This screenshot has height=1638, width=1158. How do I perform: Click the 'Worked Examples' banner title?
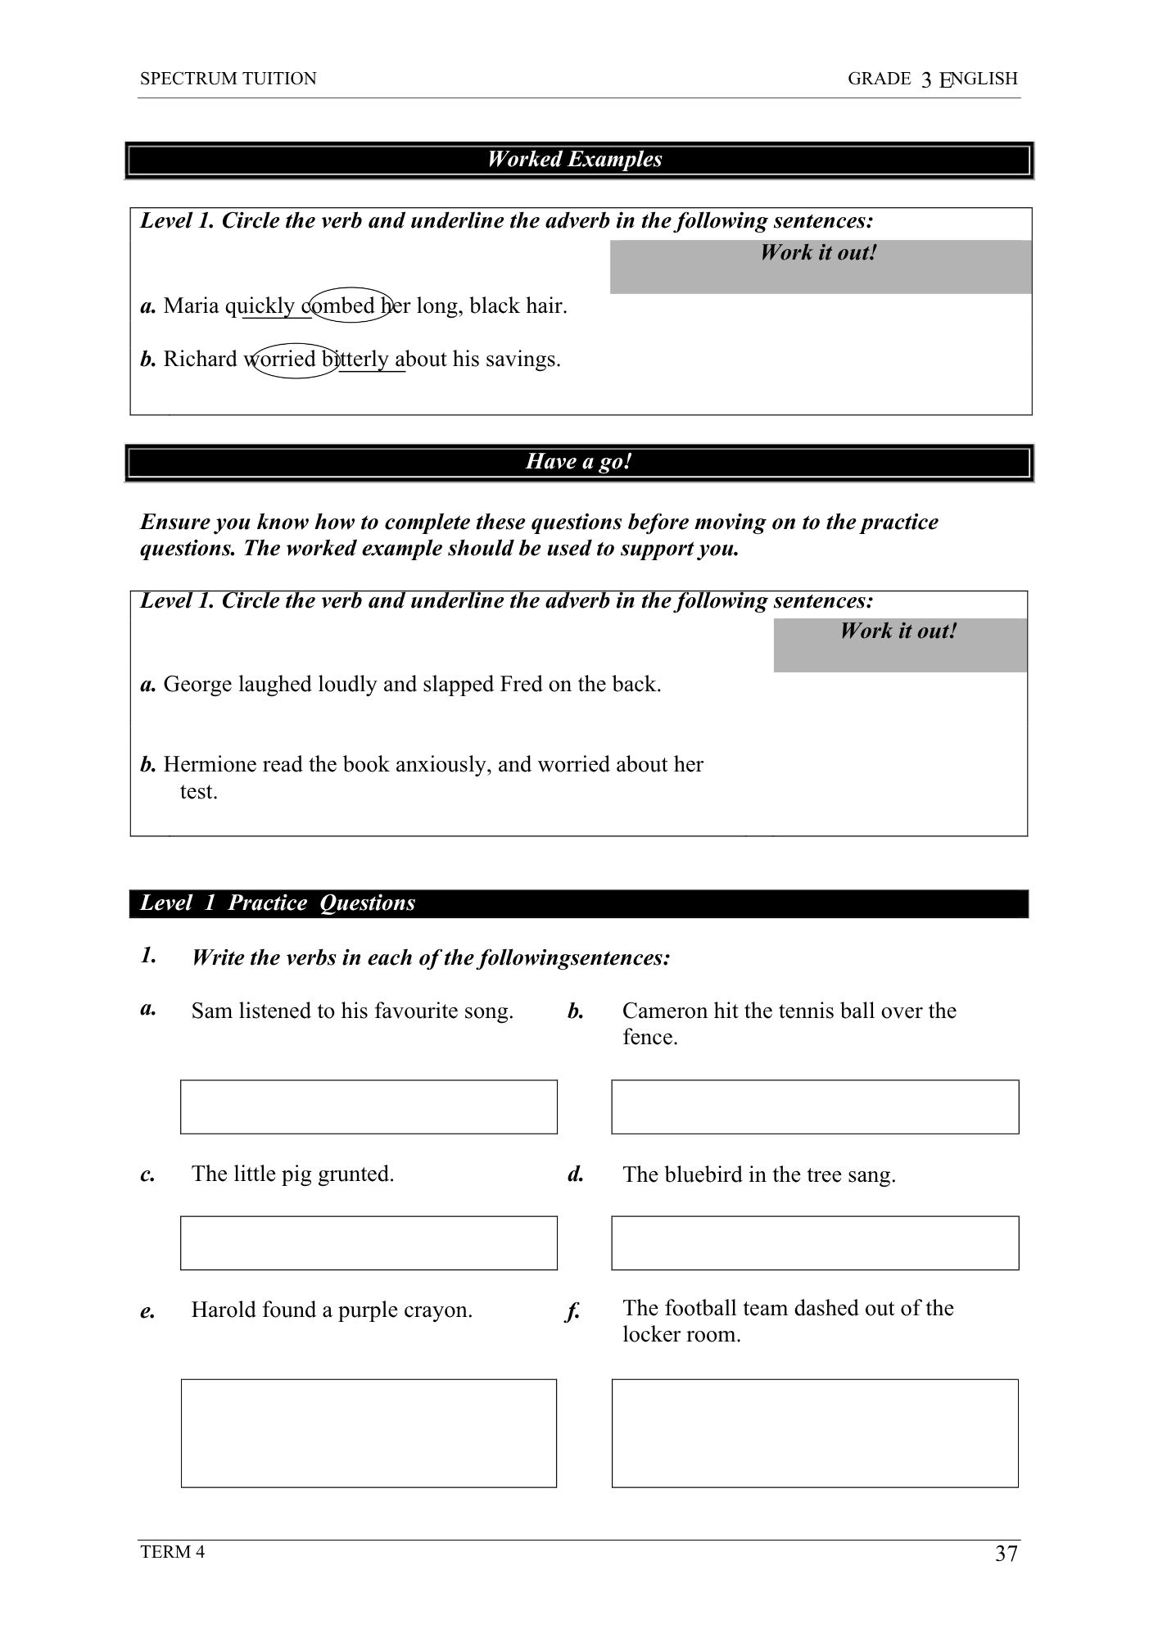[x=574, y=160]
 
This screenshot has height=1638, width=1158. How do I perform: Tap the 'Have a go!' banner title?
[x=578, y=462]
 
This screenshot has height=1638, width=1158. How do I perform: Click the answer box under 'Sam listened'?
[x=369, y=1106]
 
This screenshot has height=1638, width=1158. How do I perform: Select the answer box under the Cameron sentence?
[x=815, y=1106]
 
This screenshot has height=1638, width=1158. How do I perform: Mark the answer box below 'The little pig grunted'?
[x=369, y=1242]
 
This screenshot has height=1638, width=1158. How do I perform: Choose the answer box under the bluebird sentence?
[x=815, y=1242]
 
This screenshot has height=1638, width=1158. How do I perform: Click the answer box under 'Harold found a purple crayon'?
[x=369, y=1432]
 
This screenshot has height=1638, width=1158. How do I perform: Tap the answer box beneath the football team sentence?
[x=815, y=1432]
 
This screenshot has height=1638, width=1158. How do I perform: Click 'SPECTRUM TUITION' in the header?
[x=228, y=79]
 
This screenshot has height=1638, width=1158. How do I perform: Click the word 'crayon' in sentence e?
[x=439, y=1310]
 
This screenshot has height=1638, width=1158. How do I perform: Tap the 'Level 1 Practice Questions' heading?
[x=277, y=903]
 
